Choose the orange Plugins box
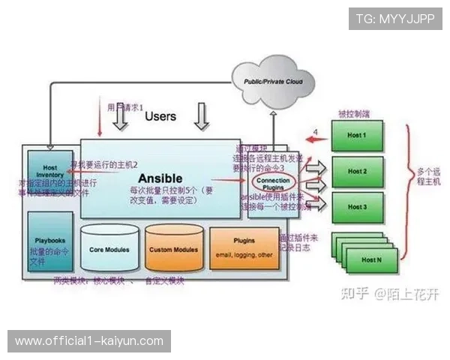coord(244,247)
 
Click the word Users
coord(160,116)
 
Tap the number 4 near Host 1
coord(315,132)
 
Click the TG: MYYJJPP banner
coord(395,18)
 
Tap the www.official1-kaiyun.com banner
coord(89,341)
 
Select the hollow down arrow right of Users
coord(200,117)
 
